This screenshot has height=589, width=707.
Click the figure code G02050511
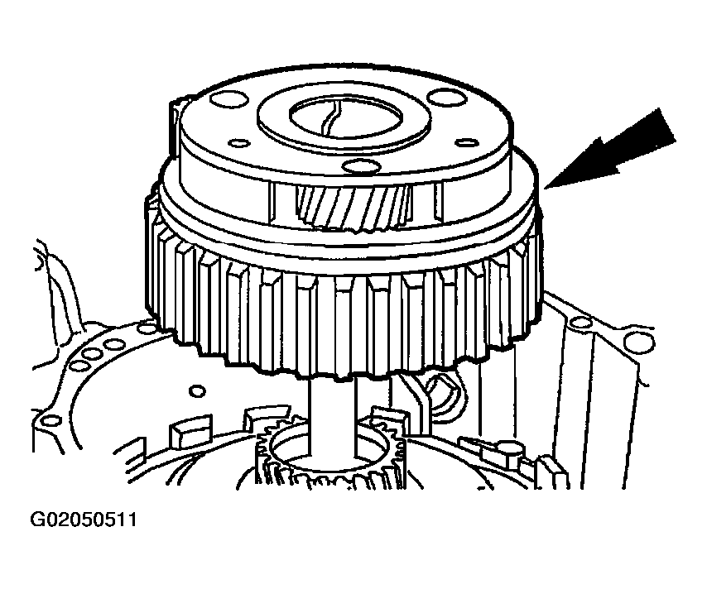84,520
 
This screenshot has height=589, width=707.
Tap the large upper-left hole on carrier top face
229,99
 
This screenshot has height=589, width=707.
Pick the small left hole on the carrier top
239,144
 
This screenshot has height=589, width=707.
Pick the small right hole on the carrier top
466,143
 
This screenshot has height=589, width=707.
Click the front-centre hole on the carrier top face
362,166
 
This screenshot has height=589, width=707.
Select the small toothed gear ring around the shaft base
331,455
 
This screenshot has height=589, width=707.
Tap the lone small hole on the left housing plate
198,390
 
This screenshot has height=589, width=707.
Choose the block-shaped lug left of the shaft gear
190,429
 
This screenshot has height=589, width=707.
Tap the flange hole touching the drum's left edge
148,327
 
